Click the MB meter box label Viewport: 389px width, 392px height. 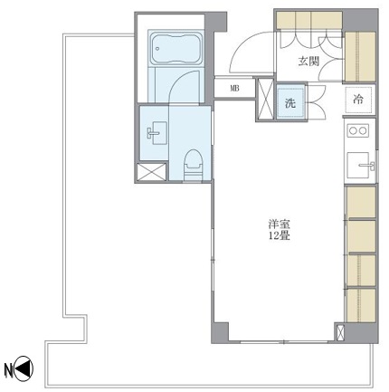[x=234, y=89]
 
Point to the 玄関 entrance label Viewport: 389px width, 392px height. [x=308, y=62]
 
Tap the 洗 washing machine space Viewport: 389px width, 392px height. [x=290, y=102]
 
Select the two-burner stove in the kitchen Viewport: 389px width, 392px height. [x=357, y=131]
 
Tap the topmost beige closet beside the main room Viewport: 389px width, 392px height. [x=361, y=203]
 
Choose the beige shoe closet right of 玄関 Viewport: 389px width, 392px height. [x=360, y=59]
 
